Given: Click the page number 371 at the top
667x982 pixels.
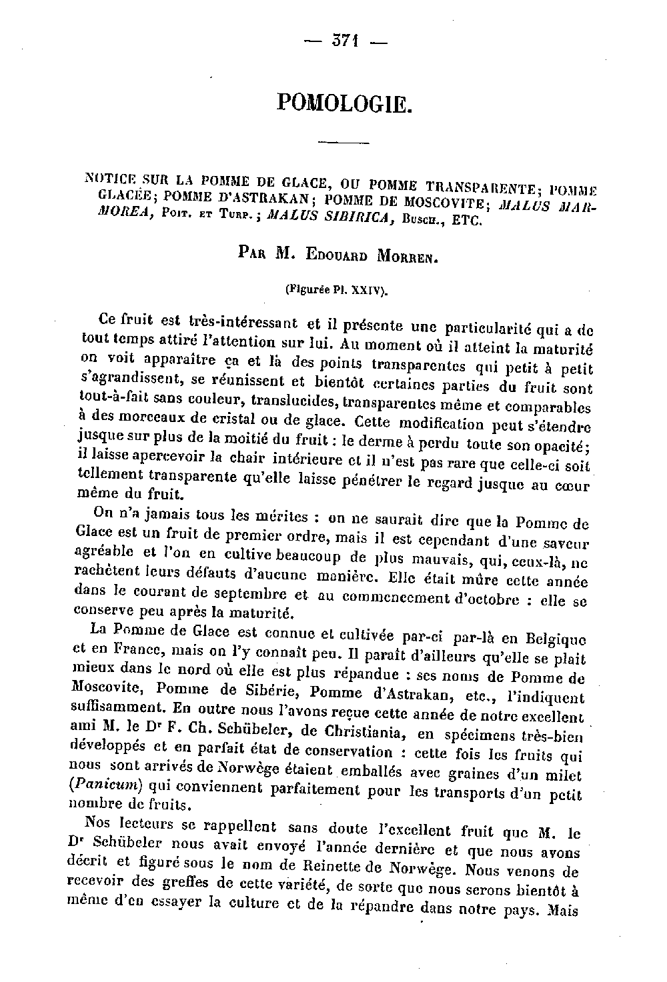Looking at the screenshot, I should pos(346,41).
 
